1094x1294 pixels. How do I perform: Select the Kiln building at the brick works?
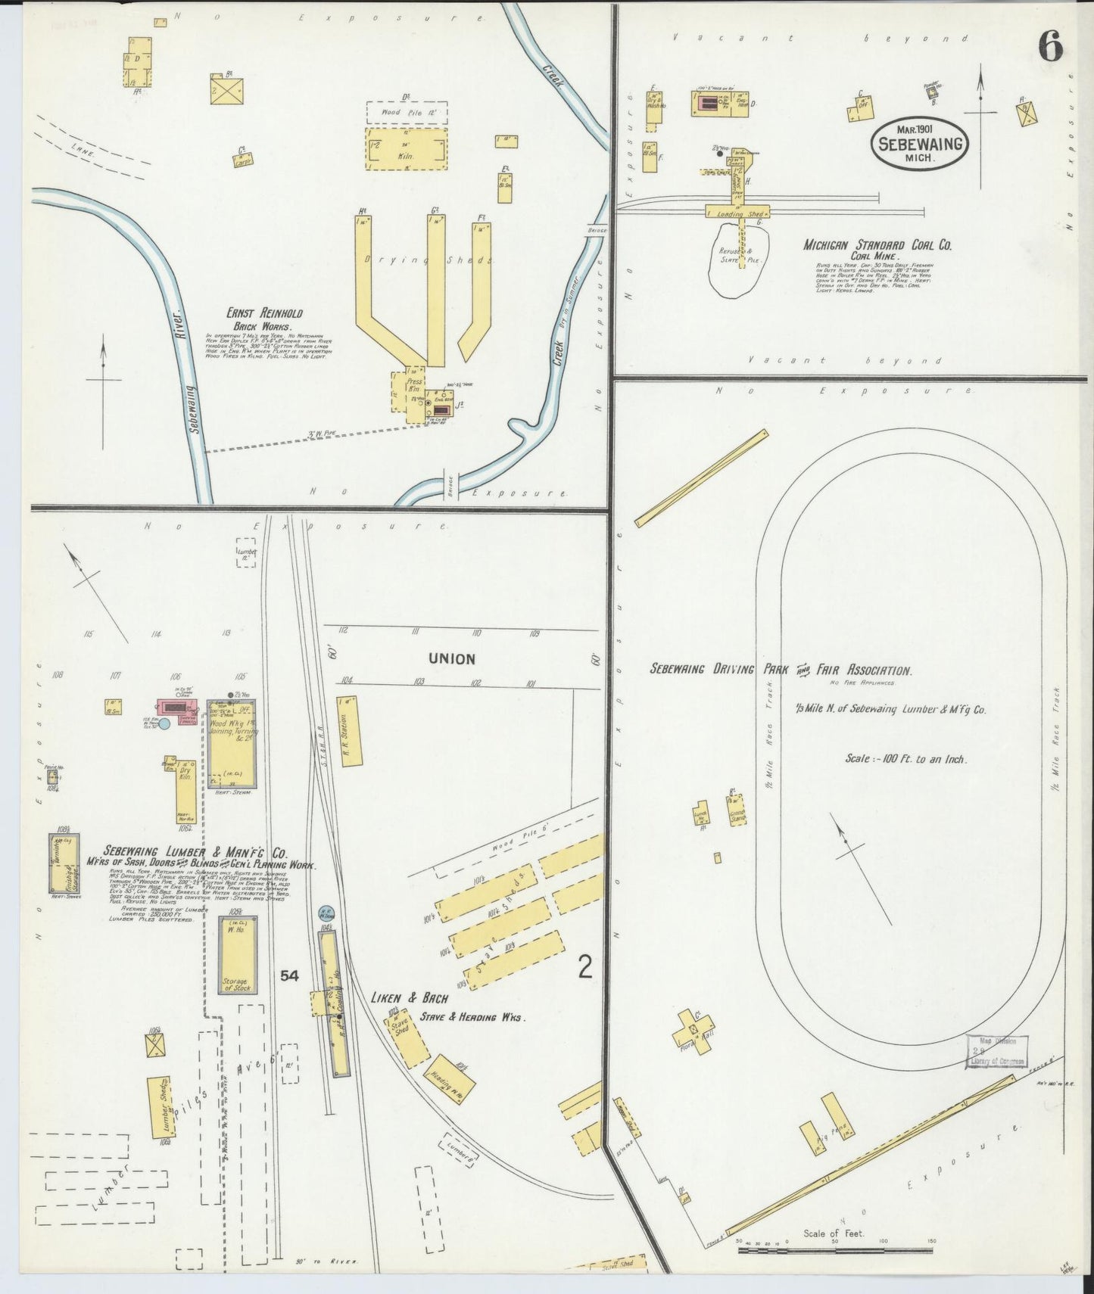click(407, 148)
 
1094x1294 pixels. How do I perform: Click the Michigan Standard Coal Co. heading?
click(877, 245)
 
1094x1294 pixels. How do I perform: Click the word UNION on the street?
click(452, 659)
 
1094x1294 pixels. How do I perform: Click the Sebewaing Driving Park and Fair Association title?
click(781, 670)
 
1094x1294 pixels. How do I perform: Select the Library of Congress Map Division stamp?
click(997, 1053)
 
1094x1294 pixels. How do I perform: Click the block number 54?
click(288, 976)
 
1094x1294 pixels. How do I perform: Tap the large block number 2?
click(584, 968)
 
